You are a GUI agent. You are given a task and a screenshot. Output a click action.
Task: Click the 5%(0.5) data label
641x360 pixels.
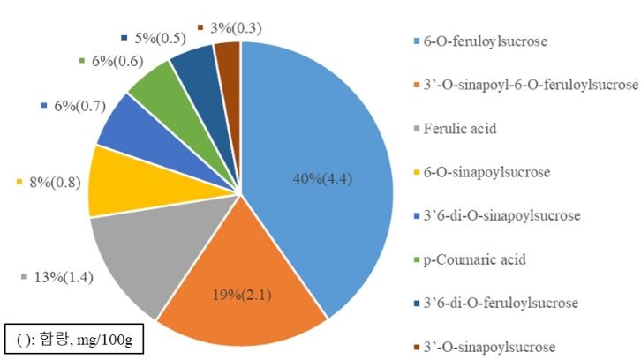click(x=155, y=38)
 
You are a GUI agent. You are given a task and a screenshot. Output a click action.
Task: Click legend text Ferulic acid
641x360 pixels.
click(x=458, y=129)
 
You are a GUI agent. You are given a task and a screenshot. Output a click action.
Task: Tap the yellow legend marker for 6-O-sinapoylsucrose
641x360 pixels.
click(x=416, y=173)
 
